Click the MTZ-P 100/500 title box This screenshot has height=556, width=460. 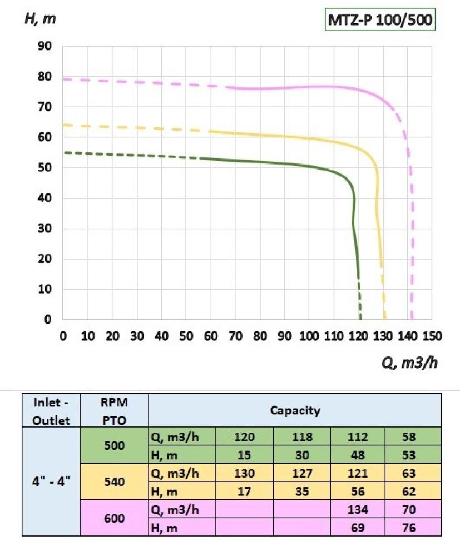tap(379, 21)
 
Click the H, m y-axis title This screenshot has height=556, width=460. tap(40, 18)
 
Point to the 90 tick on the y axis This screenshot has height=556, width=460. tap(45, 46)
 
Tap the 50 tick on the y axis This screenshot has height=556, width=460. tap(45, 168)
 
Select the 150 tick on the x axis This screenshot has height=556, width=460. tap(432, 336)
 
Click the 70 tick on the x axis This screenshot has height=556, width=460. tap(235, 336)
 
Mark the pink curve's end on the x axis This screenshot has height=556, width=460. tap(412, 319)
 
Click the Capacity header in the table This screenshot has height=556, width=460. tap(295, 411)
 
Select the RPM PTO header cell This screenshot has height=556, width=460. tap(114, 411)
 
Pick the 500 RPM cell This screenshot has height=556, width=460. tap(114, 446)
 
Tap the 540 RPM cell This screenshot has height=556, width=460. tap(114, 482)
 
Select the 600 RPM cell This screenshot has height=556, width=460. tap(114, 518)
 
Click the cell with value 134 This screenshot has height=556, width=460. tap(358, 509)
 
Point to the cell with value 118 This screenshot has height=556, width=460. tap(301, 437)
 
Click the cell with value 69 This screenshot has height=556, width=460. tap(358, 528)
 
